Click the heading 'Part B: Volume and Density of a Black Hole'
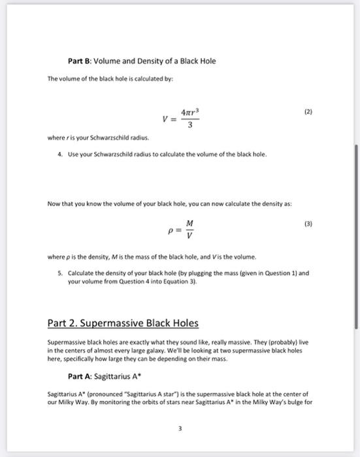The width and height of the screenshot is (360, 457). pos(142,61)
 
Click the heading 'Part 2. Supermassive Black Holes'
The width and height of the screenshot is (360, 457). pos(123,323)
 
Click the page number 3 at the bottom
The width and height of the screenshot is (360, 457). pos(180,429)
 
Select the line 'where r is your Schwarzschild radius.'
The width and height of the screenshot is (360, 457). pos(99,138)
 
